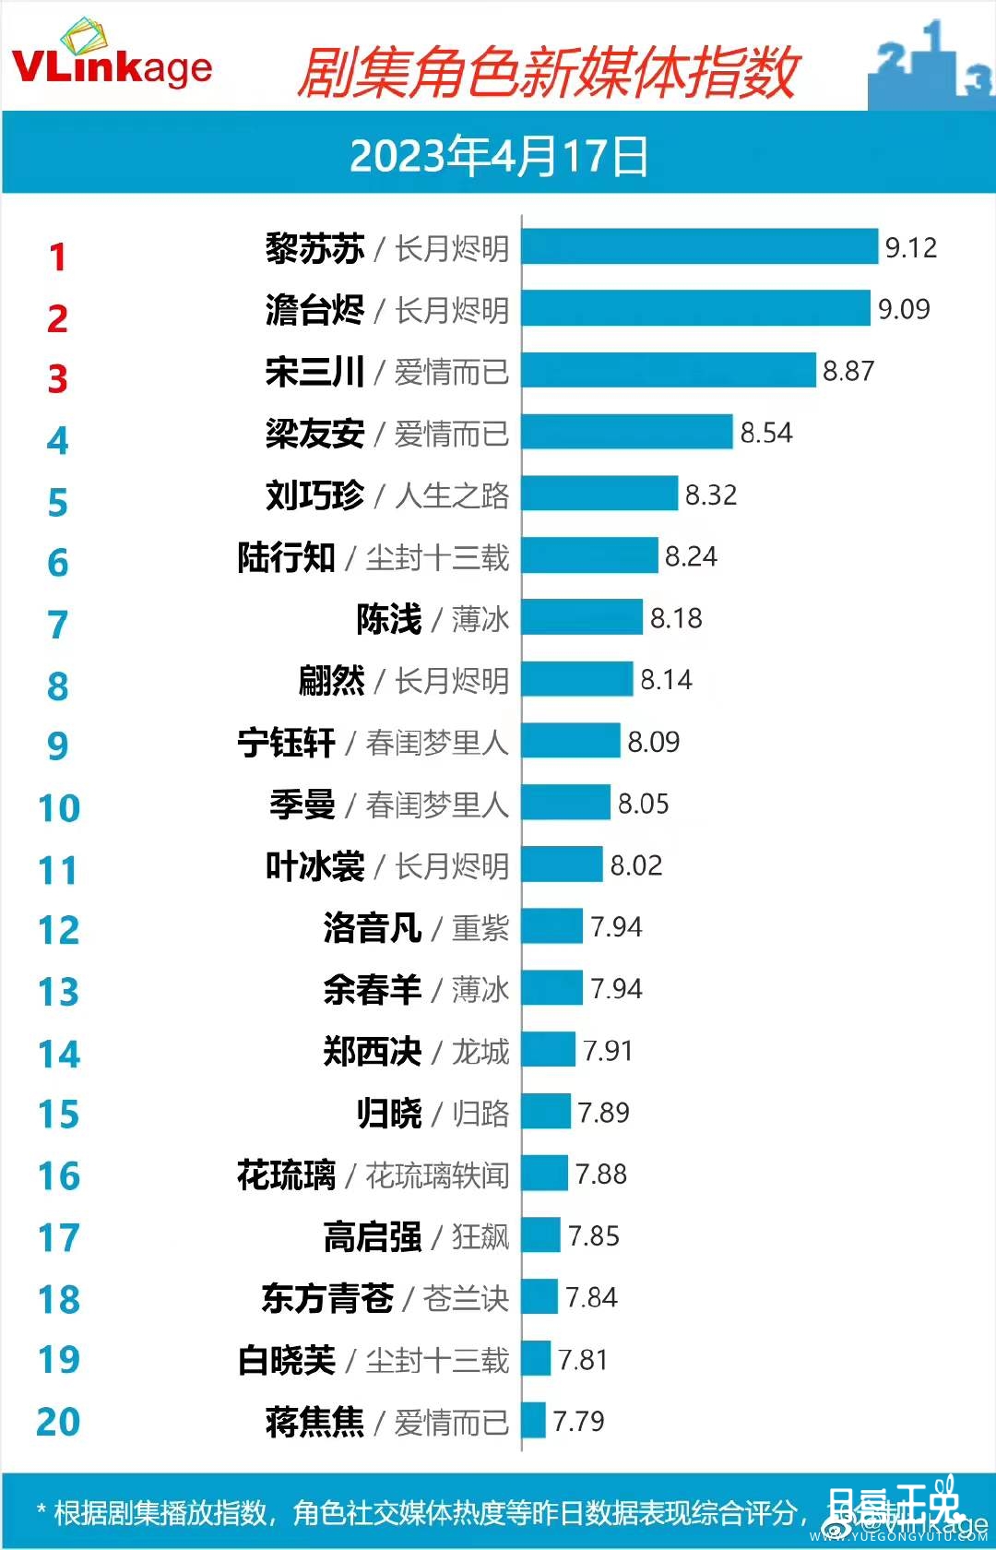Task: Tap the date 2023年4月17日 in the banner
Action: pyautogui.click(x=498, y=155)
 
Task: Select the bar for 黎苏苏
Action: pyautogui.click(x=699, y=247)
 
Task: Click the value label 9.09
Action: pyautogui.click(x=904, y=309)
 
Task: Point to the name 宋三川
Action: pyautogui.click(x=314, y=372)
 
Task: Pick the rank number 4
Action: pyautogui.click(x=57, y=441)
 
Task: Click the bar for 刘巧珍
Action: pyautogui.click(x=599, y=495)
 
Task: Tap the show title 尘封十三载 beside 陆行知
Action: pyautogui.click(x=437, y=557)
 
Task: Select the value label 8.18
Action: pyautogui.click(x=676, y=618)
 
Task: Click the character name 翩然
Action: pyautogui.click(x=331, y=681)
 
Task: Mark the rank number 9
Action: pyautogui.click(x=57, y=745)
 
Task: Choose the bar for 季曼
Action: pyautogui.click(x=565, y=804)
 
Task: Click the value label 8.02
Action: pyautogui.click(x=636, y=865)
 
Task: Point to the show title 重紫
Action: pyautogui.click(x=480, y=927)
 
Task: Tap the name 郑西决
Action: pyautogui.click(x=372, y=1052)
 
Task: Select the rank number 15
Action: pyautogui.click(x=58, y=1115)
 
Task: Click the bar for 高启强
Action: pyautogui.click(x=541, y=1235)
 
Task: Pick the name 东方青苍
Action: pyautogui.click(x=327, y=1298)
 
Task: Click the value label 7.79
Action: pyautogui.click(x=578, y=1421)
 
